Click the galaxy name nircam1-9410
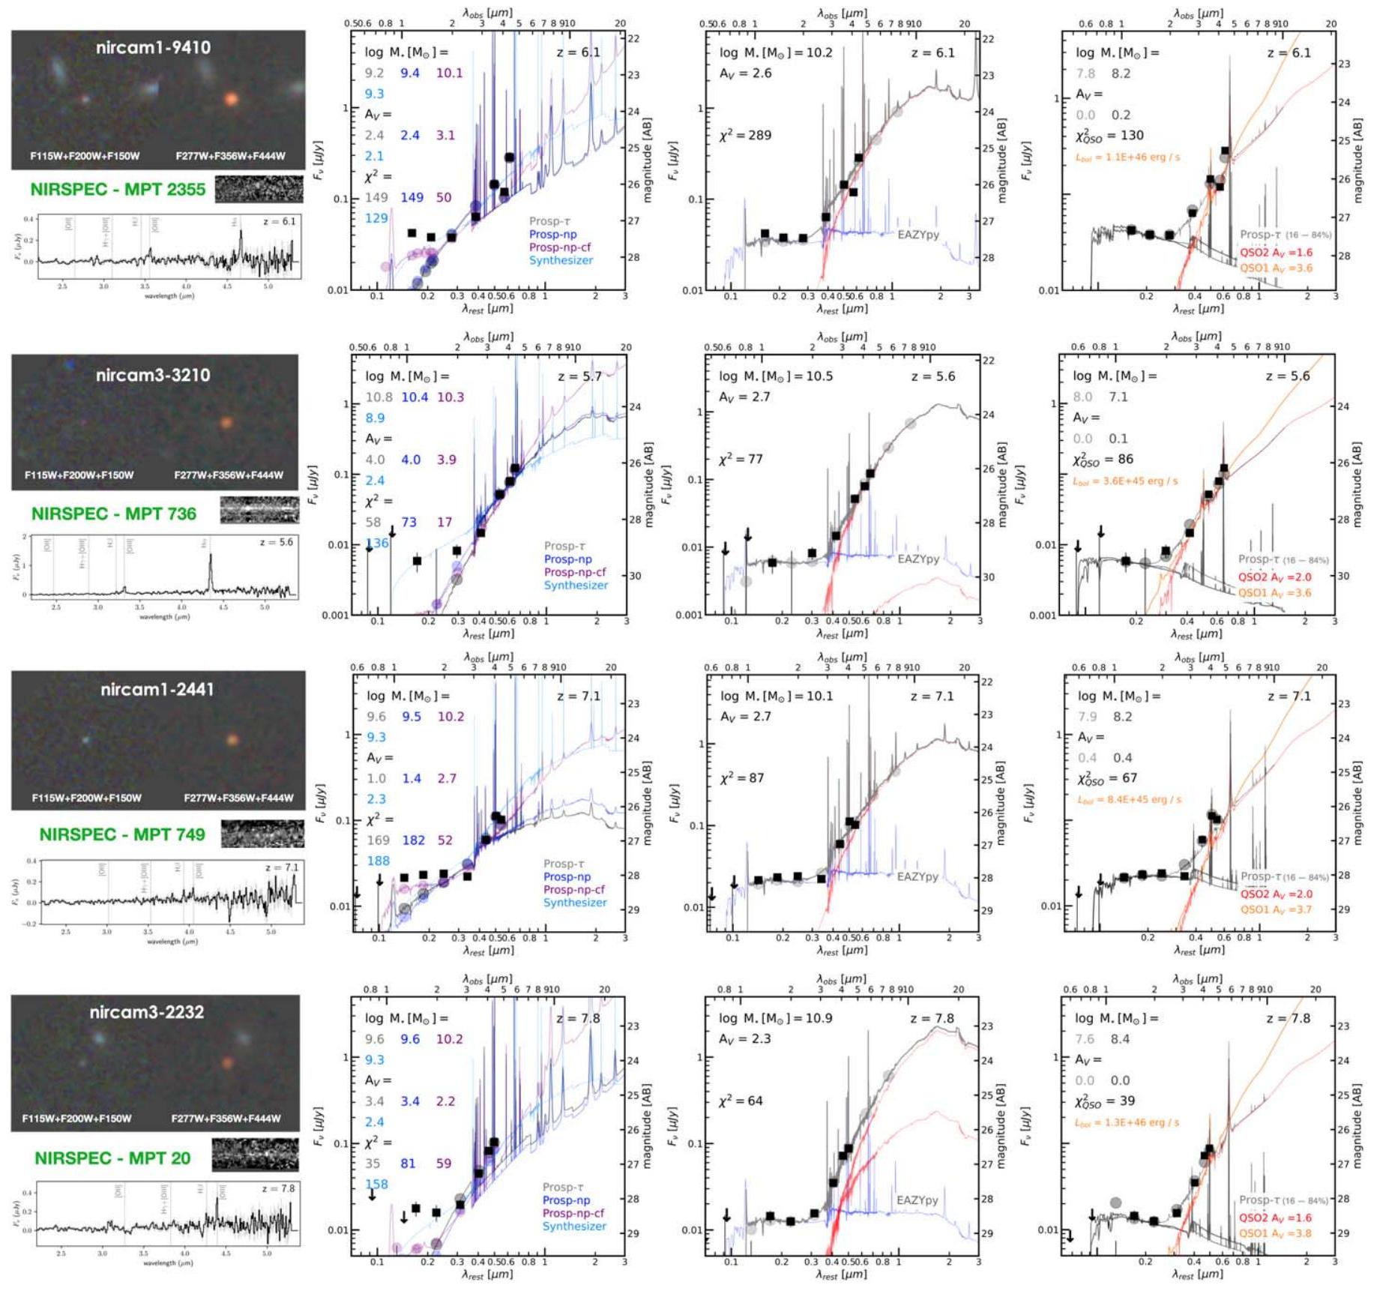tap(153, 47)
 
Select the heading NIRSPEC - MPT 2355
tap(118, 189)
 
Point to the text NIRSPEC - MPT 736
tap(114, 514)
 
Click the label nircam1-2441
tap(157, 689)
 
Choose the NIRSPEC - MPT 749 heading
tap(122, 834)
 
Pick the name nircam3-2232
tap(147, 1011)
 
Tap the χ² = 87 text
tap(741, 777)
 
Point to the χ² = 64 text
tap(741, 1101)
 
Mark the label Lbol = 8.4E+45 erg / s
tap(1130, 799)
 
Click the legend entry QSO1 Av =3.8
tap(1275, 1233)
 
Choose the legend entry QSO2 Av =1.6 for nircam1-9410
tap(1276, 253)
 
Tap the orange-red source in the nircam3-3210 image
tap(226, 422)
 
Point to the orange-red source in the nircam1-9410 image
tap(232, 98)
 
